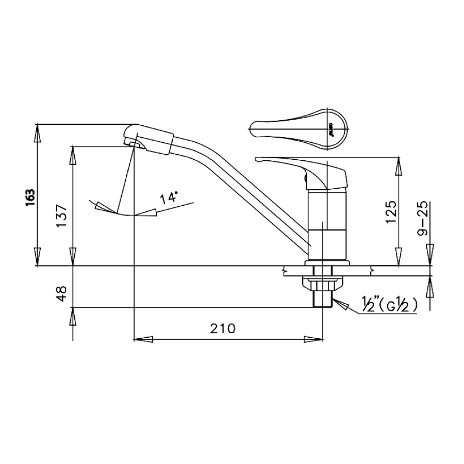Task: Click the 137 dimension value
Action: coord(61,217)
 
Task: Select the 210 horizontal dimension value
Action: coord(222,328)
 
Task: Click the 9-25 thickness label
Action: coord(424,219)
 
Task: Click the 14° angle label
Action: coord(170,197)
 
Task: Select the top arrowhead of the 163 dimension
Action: coord(37,133)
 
